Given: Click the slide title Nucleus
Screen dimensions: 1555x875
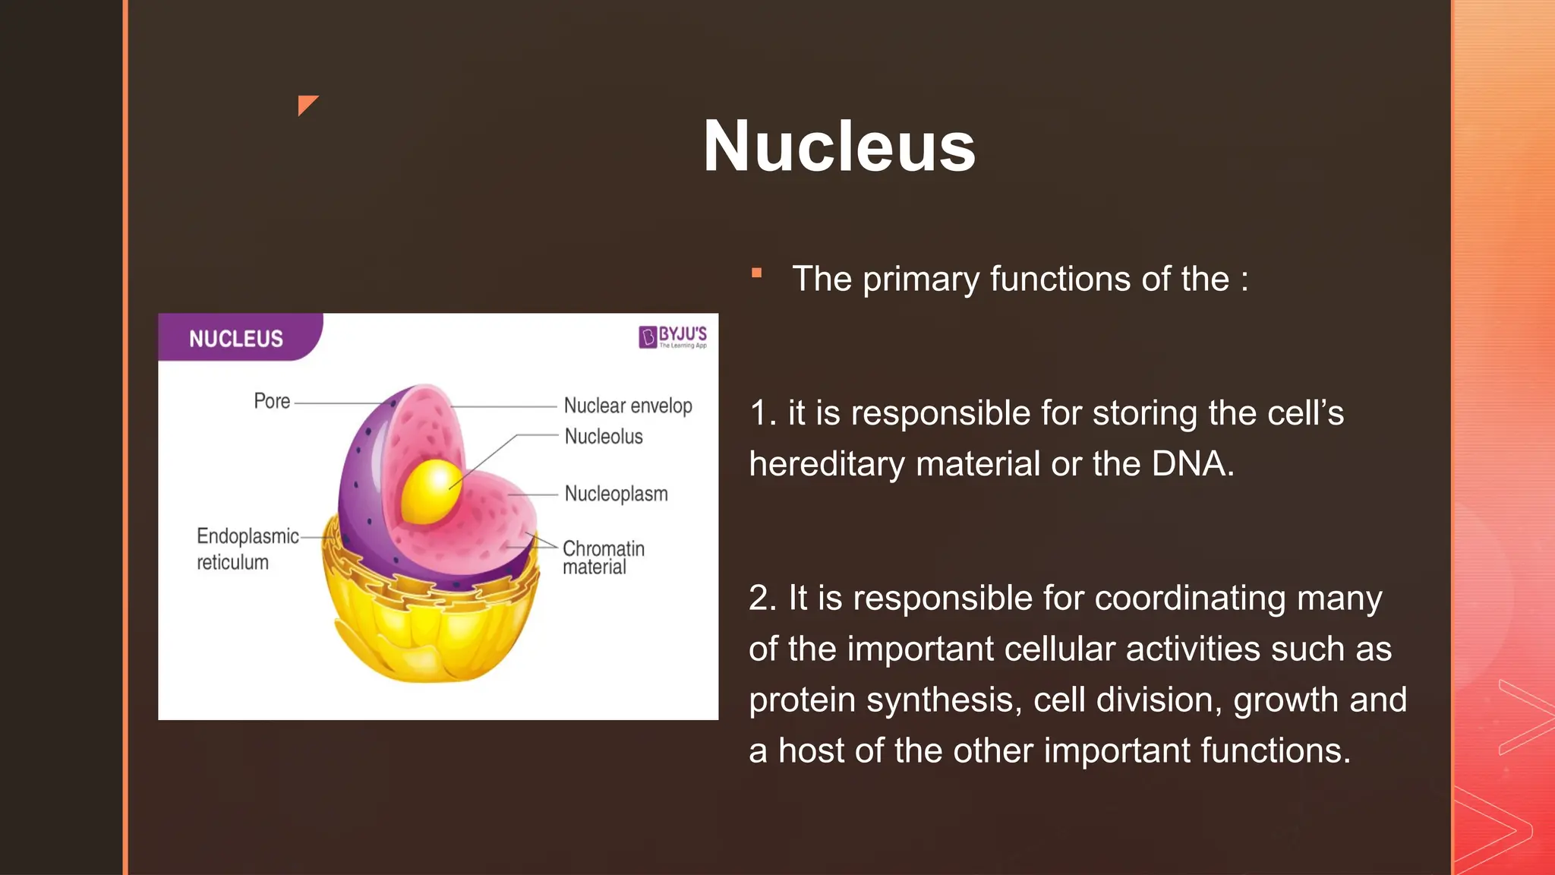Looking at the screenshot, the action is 839,146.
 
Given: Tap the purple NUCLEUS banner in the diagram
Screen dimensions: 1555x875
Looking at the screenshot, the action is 240,337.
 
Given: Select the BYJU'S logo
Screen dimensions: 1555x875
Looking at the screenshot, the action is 673,336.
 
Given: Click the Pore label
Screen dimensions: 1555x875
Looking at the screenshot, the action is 272,401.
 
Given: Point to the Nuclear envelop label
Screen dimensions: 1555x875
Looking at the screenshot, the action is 628,406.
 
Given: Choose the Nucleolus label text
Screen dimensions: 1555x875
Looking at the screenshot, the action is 604,437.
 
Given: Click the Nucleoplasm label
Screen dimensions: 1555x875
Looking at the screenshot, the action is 616,494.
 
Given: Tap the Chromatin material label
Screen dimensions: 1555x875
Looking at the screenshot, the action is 603,558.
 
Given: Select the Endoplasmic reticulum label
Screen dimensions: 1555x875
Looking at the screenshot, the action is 248,548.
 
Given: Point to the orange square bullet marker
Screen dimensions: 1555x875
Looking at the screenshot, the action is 756,273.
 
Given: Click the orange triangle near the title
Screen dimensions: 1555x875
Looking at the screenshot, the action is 306,104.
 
